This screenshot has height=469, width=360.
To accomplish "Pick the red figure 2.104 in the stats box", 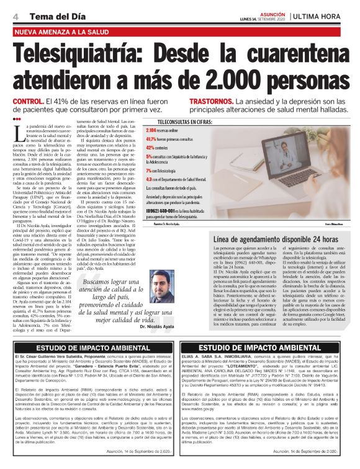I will click(x=151, y=131).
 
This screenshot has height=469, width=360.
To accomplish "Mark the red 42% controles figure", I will click(x=150, y=148).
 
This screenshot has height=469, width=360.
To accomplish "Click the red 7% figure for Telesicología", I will click(x=149, y=169).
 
